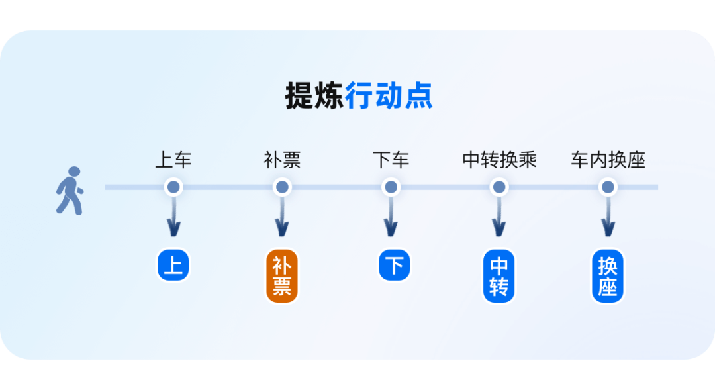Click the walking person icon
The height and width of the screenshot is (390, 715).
click(x=70, y=190)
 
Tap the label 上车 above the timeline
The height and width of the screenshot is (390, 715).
click(x=173, y=160)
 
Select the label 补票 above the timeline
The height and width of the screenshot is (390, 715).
click(x=282, y=160)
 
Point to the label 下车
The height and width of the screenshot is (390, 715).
click(x=391, y=160)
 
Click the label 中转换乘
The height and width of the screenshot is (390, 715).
click(x=499, y=160)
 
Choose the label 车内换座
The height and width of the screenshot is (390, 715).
click(x=608, y=160)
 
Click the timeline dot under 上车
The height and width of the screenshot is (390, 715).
click(x=173, y=187)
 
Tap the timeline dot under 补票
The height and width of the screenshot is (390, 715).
click(x=282, y=187)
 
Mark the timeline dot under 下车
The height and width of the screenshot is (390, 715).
click(x=391, y=187)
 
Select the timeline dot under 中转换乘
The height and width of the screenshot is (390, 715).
click(x=499, y=187)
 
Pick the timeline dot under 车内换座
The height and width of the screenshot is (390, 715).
click(x=608, y=187)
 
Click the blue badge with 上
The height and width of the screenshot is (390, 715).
click(x=173, y=265)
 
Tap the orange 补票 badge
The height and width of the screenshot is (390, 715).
click(x=282, y=276)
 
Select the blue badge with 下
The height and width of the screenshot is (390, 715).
click(x=395, y=265)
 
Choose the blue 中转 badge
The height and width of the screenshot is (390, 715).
click(x=499, y=276)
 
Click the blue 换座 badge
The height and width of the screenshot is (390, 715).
click(x=608, y=276)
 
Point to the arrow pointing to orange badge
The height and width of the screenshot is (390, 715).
click(x=282, y=219)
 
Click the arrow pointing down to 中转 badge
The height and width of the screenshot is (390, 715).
click(x=499, y=219)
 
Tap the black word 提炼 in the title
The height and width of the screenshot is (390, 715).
click(x=314, y=96)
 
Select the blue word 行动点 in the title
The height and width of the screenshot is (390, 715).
click(x=389, y=96)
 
